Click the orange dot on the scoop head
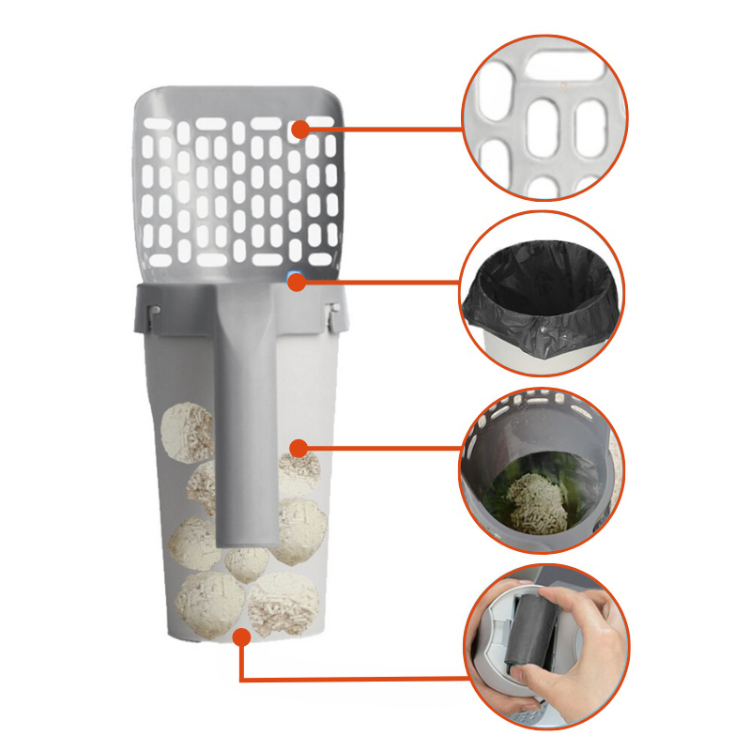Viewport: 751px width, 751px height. coord(299,129)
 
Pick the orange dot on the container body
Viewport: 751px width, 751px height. coord(298,447)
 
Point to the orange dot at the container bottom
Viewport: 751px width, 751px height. coord(242,636)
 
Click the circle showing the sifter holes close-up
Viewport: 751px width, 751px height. coord(544,118)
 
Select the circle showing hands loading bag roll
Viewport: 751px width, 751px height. coord(544,648)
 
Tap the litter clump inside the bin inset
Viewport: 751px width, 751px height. coord(535,502)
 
